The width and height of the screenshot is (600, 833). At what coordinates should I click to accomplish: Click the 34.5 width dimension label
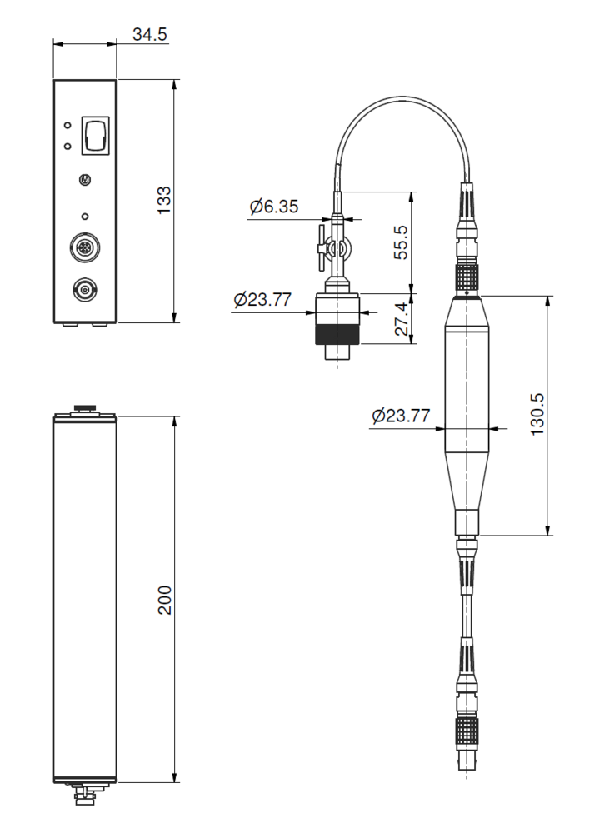149,34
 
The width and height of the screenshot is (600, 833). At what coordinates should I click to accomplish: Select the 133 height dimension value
164,200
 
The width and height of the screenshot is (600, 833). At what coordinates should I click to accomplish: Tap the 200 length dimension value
165,600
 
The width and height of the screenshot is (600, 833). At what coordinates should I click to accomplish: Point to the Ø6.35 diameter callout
274,206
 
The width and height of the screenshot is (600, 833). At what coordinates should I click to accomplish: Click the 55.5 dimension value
401,242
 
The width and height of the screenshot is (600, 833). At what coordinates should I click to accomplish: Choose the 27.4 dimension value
402,319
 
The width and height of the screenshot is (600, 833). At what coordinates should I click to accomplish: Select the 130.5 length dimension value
537,414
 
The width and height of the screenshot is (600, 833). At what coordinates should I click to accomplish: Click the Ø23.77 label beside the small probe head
262,300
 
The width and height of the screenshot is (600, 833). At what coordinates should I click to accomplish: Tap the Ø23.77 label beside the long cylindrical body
401,416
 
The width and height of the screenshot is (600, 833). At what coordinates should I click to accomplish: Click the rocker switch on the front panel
95,136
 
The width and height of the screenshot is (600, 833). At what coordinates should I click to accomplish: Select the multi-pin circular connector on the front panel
85,247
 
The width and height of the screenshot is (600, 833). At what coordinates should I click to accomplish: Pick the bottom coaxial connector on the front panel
85,290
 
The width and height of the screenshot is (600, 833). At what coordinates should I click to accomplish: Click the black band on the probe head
337,335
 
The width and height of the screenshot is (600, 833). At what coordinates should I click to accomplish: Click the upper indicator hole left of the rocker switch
67,126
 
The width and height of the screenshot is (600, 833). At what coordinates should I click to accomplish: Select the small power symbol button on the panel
85,181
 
